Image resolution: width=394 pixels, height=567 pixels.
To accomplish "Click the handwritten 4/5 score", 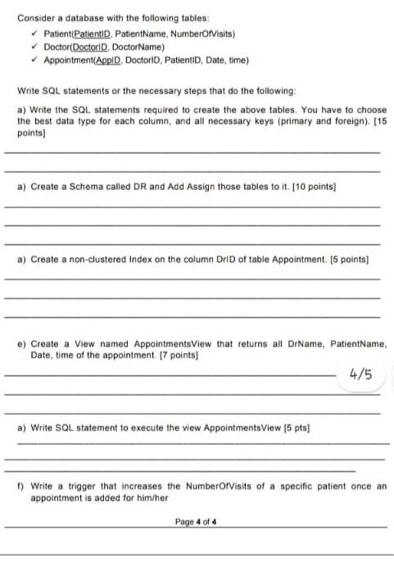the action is (x=360, y=375).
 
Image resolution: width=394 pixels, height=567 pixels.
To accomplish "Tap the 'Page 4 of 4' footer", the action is (x=196, y=521).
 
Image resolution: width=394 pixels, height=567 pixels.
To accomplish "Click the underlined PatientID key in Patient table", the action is (x=92, y=34).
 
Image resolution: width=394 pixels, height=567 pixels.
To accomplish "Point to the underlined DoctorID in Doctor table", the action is (x=92, y=48).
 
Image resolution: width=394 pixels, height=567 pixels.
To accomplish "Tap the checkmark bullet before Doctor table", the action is (x=34, y=48).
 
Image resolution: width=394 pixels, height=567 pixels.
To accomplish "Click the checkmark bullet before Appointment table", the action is (x=34, y=61).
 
